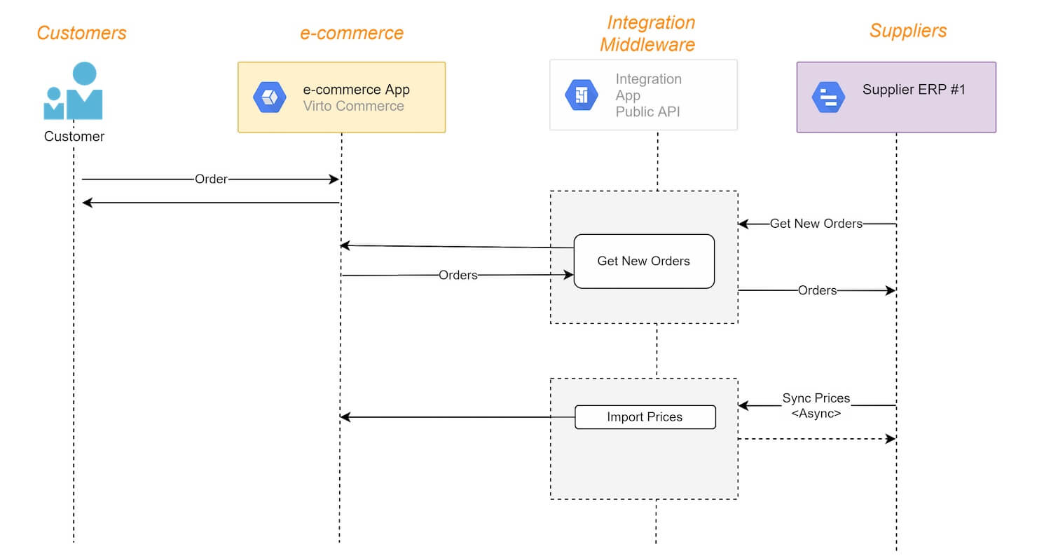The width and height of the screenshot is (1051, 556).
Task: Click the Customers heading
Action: [82, 33]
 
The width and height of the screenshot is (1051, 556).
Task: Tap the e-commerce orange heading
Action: [352, 33]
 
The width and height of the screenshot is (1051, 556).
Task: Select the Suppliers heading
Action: [908, 31]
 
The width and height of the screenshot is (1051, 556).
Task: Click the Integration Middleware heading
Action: [648, 34]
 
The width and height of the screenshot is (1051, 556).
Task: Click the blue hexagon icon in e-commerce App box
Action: [270, 97]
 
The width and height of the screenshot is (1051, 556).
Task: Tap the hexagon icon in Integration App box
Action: [582, 95]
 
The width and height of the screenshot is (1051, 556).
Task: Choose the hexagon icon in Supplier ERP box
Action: [829, 97]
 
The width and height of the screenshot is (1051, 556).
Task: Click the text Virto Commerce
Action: [353, 106]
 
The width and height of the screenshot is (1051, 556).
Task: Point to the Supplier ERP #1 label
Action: [914, 89]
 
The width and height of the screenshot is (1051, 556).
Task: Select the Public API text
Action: [647, 111]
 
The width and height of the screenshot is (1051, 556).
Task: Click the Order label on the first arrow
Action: [211, 179]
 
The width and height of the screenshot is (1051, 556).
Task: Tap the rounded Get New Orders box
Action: [644, 261]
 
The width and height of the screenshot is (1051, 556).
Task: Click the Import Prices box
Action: [645, 417]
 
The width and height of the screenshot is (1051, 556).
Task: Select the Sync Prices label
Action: [816, 398]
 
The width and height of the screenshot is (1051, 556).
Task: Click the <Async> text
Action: [816, 413]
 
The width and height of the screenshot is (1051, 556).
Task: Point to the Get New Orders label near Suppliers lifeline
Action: [816, 224]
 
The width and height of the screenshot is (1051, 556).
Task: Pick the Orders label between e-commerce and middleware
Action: [458, 275]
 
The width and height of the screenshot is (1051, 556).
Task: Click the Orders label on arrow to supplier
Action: [818, 291]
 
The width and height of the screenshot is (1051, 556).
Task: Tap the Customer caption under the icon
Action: [74, 136]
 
